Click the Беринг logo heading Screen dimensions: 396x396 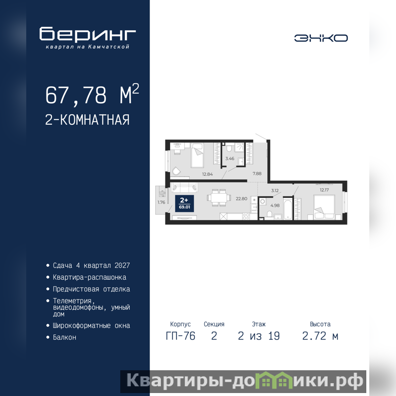(88, 34)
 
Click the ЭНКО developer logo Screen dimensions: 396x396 (321, 38)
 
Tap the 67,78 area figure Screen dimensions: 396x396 (76, 95)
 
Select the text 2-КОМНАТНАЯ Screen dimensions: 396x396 (87, 120)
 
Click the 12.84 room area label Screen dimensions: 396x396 (207, 174)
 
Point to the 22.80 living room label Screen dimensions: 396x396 (241, 198)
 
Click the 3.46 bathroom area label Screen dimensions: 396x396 (230, 158)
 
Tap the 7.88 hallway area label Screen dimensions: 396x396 (257, 174)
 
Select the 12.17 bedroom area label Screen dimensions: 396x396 (324, 190)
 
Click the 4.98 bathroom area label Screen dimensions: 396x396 (275, 205)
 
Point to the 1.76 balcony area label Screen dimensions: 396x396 (161, 202)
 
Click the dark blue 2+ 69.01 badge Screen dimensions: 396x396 (184, 203)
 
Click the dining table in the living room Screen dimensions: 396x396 (219, 197)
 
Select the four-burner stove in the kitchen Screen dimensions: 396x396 (246, 216)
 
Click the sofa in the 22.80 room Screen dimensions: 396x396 (184, 188)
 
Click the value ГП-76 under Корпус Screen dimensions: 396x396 (180, 336)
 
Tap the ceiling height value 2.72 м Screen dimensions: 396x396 (320, 336)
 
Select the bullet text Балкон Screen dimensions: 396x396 (64, 338)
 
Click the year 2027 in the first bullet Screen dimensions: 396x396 (122, 265)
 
